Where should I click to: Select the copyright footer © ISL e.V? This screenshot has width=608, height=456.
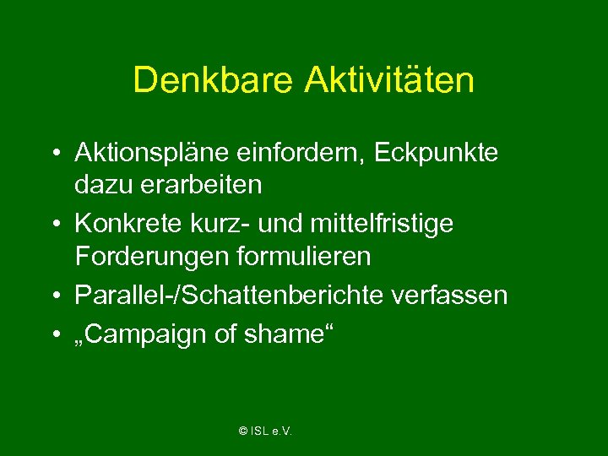click(265, 432)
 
